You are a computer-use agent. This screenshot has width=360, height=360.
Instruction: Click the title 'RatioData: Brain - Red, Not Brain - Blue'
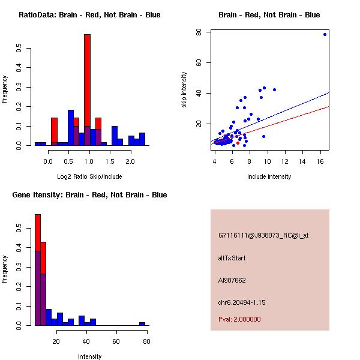(x=89, y=15)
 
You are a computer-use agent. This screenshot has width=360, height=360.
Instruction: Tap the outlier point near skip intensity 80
(x=325, y=34)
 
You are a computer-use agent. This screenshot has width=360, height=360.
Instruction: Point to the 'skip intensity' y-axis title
(x=184, y=90)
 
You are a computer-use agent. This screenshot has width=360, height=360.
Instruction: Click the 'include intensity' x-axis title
(x=269, y=176)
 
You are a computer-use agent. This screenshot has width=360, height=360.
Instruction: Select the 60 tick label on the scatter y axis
(x=199, y=62)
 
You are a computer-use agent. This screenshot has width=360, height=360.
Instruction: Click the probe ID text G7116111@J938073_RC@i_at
(x=263, y=235)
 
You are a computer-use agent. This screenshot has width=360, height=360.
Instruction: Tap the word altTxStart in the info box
(x=232, y=258)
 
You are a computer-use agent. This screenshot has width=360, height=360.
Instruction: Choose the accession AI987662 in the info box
(x=232, y=280)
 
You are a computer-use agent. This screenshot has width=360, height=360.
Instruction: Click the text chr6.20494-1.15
(x=241, y=302)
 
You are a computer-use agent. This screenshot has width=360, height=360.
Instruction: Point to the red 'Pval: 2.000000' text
(x=239, y=319)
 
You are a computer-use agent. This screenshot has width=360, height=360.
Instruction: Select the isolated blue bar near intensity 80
(x=142, y=323)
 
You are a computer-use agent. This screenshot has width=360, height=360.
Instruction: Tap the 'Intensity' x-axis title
(x=90, y=356)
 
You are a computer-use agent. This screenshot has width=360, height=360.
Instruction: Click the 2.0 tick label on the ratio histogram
(x=130, y=161)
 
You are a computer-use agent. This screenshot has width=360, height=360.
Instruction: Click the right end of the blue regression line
(x=329, y=92)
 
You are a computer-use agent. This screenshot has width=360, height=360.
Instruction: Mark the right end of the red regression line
(x=329, y=106)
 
